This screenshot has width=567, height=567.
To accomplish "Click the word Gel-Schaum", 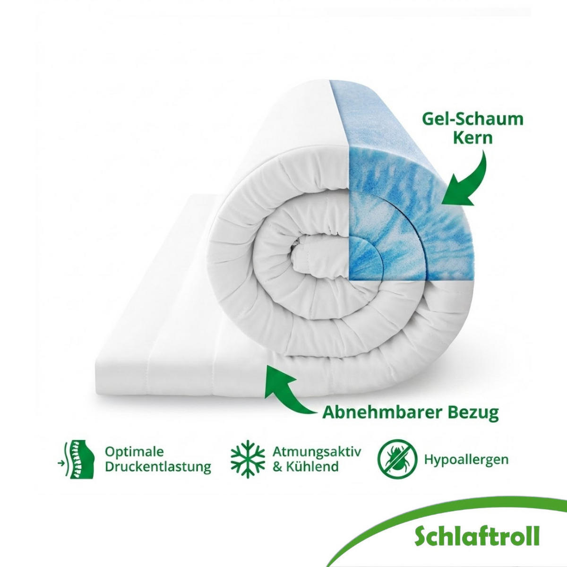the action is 473,120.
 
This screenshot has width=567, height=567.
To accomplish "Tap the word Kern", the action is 473,137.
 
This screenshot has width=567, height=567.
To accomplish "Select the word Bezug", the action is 473,413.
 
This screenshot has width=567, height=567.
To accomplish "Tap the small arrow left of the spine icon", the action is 61,464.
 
